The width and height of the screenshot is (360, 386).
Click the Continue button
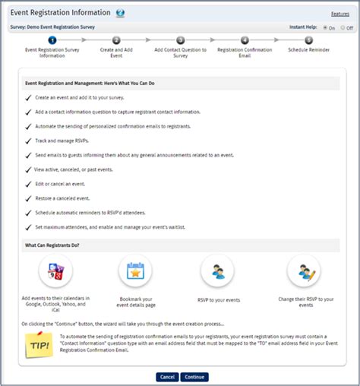[194, 377]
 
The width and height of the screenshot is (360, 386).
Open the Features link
[339, 14]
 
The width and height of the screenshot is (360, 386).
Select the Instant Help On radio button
[325, 27]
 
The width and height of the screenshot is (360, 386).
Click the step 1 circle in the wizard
[52, 40]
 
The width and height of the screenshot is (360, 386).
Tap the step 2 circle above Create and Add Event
[115, 40]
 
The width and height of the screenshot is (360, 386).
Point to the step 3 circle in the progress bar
[180, 40]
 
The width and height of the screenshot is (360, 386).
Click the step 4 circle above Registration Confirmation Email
[244, 40]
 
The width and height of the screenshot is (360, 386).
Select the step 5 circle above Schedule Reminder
[308, 40]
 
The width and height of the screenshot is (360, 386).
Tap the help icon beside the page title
[120, 13]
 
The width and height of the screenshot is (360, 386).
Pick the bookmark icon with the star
[135, 271]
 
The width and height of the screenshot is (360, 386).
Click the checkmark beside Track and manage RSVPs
[28, 141]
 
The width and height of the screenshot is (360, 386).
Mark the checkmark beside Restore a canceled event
[28, 200]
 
